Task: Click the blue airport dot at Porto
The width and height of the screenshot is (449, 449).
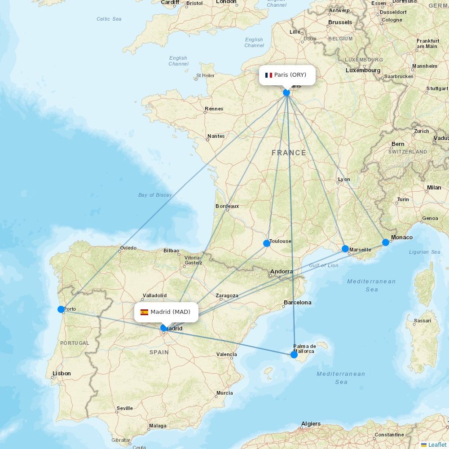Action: [61, 309]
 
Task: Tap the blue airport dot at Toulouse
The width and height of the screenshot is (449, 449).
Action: [267, 243]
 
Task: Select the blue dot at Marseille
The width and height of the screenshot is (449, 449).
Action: [345, 249]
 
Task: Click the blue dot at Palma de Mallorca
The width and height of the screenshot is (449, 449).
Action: [294, 354]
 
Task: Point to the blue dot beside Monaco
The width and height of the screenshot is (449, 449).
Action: [386, 242]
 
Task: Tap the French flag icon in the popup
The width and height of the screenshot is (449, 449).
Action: [269, 75]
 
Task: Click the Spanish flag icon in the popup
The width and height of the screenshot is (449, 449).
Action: [144, 312]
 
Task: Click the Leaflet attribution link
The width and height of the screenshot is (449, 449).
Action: [437, 445]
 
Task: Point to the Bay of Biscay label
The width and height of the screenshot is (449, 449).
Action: [155, 195]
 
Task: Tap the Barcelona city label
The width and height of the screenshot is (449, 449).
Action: [297, 302]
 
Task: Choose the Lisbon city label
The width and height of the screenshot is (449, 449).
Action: [62, 373]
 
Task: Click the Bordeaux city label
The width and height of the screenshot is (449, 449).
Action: [227, 206]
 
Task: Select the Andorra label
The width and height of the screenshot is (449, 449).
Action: [282, 271]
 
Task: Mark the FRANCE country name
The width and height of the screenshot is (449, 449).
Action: [289, 153]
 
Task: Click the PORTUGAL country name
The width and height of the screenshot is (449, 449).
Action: [75, 343]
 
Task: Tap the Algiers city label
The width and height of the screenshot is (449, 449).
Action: [311, 423]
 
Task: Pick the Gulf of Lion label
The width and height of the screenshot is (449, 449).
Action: [323, 265]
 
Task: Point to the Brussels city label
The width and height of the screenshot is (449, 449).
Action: [340, 22]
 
